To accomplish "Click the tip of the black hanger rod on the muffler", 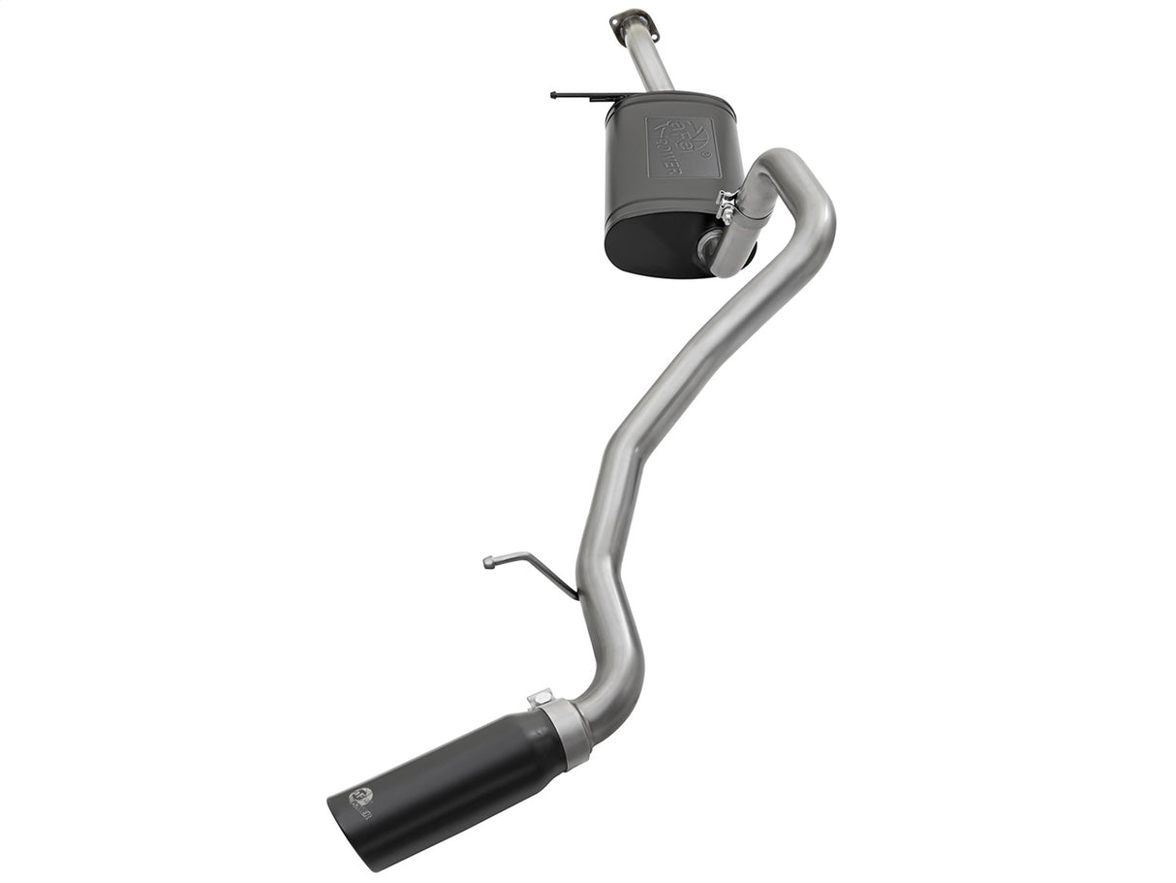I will pos(553,95).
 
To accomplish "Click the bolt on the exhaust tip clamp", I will pos(541,697).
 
